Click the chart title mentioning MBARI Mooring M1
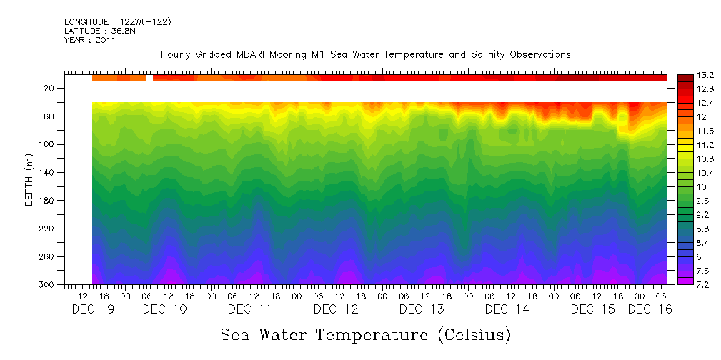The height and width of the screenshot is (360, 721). [x=365, y=55]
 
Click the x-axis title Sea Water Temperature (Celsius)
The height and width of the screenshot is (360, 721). [x=365, y=334]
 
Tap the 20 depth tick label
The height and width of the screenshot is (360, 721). [x=50, y=88]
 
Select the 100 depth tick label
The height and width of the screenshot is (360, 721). [x=48, y=144]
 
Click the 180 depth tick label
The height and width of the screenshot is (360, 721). [x=48, y=201]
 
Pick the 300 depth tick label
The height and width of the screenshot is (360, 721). [x=48, y=285]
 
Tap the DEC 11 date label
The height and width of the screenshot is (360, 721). [x=250, y=309]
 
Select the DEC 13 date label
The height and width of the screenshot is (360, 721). [x=422, y=309]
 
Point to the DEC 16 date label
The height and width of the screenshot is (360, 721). [x=649, y=309]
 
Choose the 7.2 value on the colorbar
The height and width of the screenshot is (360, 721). [x=687, y=285]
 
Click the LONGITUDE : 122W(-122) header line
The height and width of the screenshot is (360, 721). [x=117, y=22]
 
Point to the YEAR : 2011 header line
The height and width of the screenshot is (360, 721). [x=90, y=41]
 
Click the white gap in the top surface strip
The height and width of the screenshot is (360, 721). [x=150, y=78]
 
